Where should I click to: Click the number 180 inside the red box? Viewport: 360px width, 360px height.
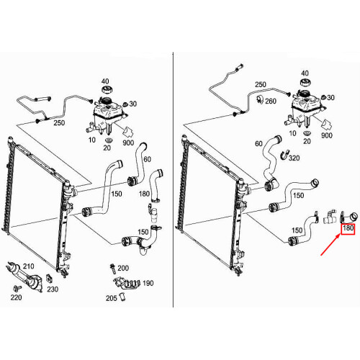click(348, 228)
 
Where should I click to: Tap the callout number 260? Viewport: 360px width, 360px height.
click(271, 101)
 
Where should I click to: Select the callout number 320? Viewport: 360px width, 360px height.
click(294, 158)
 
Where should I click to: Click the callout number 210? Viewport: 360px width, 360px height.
click(29, 266)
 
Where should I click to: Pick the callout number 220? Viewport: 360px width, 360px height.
click(16, 297)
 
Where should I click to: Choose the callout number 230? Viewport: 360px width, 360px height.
click(53, 289)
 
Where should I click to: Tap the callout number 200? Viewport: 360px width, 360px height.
click(123, 268)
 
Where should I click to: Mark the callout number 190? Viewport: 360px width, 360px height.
click(148, 283)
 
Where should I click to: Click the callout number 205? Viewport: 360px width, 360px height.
click(112, 298)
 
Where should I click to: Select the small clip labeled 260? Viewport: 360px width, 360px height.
click(260, 99)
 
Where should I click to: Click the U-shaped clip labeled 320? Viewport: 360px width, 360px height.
click(284, 155)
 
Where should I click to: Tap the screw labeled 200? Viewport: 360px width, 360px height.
click(112, 269)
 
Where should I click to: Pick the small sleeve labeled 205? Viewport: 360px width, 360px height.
click(122, 297)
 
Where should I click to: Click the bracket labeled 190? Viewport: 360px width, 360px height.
click(126, 284)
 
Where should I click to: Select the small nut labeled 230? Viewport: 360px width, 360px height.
click(49, 279)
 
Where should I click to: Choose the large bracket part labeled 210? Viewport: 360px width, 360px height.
click(24, 276)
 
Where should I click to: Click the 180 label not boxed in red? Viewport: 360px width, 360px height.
click(144, 194)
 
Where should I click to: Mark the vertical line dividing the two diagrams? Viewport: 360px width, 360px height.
click(173, 179)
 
